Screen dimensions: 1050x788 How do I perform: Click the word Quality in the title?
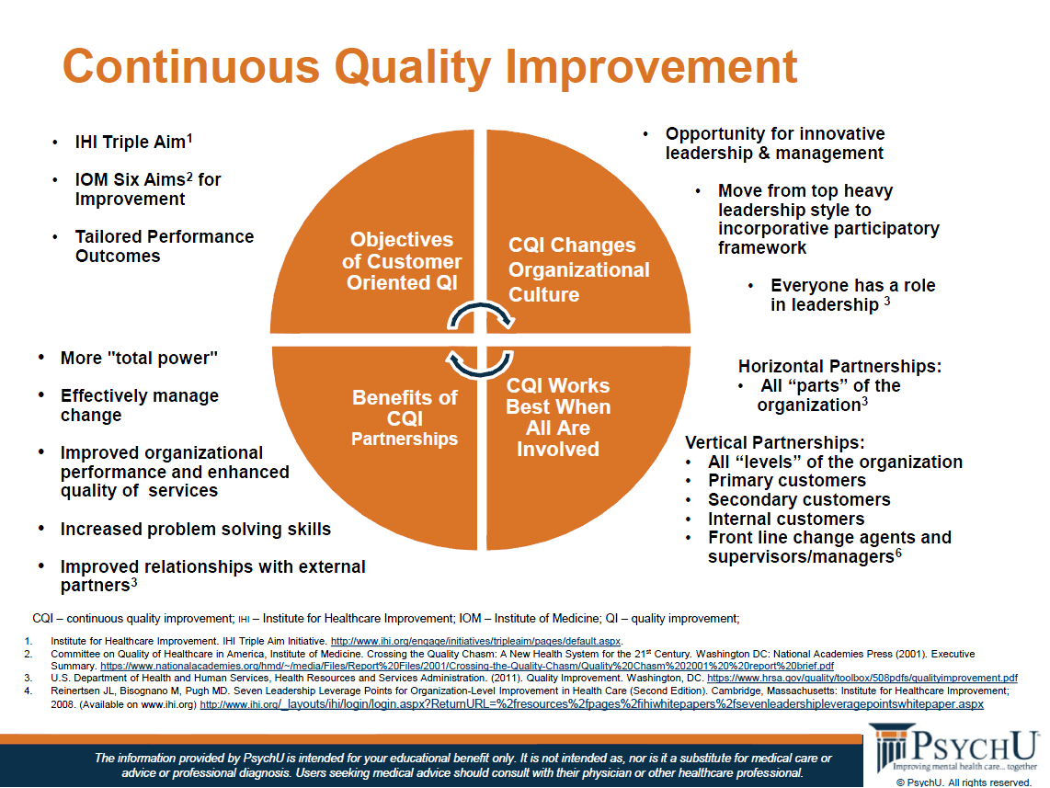point(413,68)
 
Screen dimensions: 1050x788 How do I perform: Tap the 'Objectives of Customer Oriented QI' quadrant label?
point(402,261)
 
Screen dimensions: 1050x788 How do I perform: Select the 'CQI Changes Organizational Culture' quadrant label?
point(578,269)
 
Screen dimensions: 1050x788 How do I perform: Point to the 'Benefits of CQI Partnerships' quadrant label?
point(405,417)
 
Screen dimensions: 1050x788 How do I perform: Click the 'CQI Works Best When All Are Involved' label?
point(558,417)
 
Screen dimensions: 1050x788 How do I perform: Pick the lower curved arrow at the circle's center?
point(479,365)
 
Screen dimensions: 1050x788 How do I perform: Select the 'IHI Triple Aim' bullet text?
point(134,142)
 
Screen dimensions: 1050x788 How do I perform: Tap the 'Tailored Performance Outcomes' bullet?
point(164,246)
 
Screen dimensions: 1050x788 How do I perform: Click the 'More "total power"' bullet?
point(139,359)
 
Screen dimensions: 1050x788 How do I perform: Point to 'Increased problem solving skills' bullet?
point(196,529)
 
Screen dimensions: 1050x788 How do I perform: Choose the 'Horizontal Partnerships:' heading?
point(839,366)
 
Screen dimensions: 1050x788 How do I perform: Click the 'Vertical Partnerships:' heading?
point(775,442)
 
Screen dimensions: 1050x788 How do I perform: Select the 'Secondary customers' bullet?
point(800,499)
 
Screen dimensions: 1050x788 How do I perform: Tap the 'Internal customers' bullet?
point(786,519)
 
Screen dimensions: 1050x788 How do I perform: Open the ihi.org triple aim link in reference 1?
point(475,642)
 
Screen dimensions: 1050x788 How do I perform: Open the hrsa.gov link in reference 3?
point(862,679)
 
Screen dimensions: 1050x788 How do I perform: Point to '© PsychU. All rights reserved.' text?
point(964,782)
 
